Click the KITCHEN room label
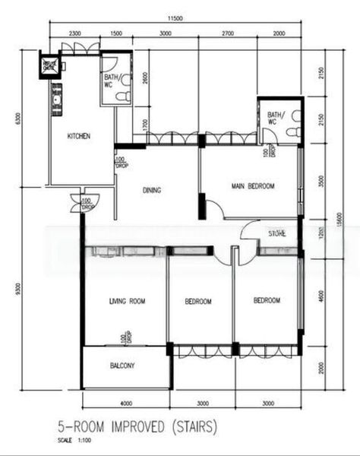[x=79, y=136]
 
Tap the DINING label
[x=152, y=191]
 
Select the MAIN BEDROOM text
[x=253, y=185]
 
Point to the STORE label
[x=276, y=234]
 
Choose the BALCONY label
[x=122, y=366]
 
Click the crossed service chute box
[x=49, y=65]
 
